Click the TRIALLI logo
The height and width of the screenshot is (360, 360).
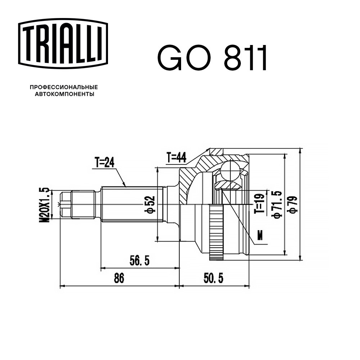(x=63, y=44)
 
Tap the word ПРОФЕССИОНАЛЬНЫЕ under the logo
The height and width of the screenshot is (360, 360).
(x=64, y=87)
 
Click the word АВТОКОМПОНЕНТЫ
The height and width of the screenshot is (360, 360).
(x=64, y=94)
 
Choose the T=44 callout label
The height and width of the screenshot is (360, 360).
(x=176, y=158)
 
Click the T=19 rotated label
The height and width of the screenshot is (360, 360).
(x=260, y=203)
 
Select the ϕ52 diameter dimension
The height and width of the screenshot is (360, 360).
(x=150, y=204)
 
